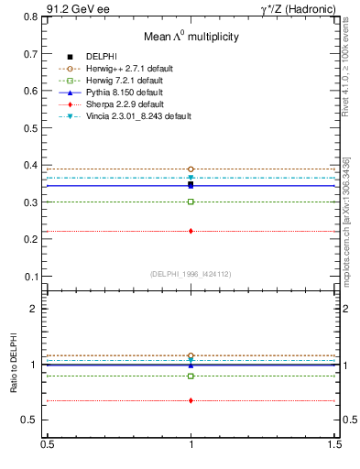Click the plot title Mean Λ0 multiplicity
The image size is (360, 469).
(x=191, y=37)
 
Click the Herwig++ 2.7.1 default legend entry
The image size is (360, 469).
(x=128, y=69)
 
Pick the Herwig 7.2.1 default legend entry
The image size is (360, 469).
(x=125, y=81)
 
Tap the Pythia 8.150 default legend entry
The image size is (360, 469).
(x=125, y=93)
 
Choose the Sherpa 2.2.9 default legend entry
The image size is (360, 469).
(x=125, y=104)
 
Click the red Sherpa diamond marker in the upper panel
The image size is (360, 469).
(x=191, y=231)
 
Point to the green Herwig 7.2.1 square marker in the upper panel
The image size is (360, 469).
(x=191, y=202)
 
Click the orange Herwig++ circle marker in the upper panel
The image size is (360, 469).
(x=191, y=169)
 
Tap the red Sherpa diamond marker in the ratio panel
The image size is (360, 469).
(x=191, y=400)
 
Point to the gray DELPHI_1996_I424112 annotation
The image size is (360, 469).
(x=191, y=274)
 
